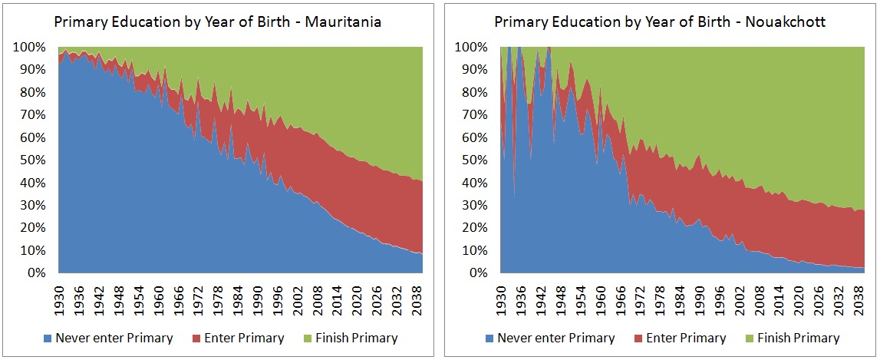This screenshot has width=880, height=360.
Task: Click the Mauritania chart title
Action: pos(217,22)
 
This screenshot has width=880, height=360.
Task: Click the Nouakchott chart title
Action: pos(660,22)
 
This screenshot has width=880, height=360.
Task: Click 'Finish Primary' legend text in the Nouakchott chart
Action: pos(798,339)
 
